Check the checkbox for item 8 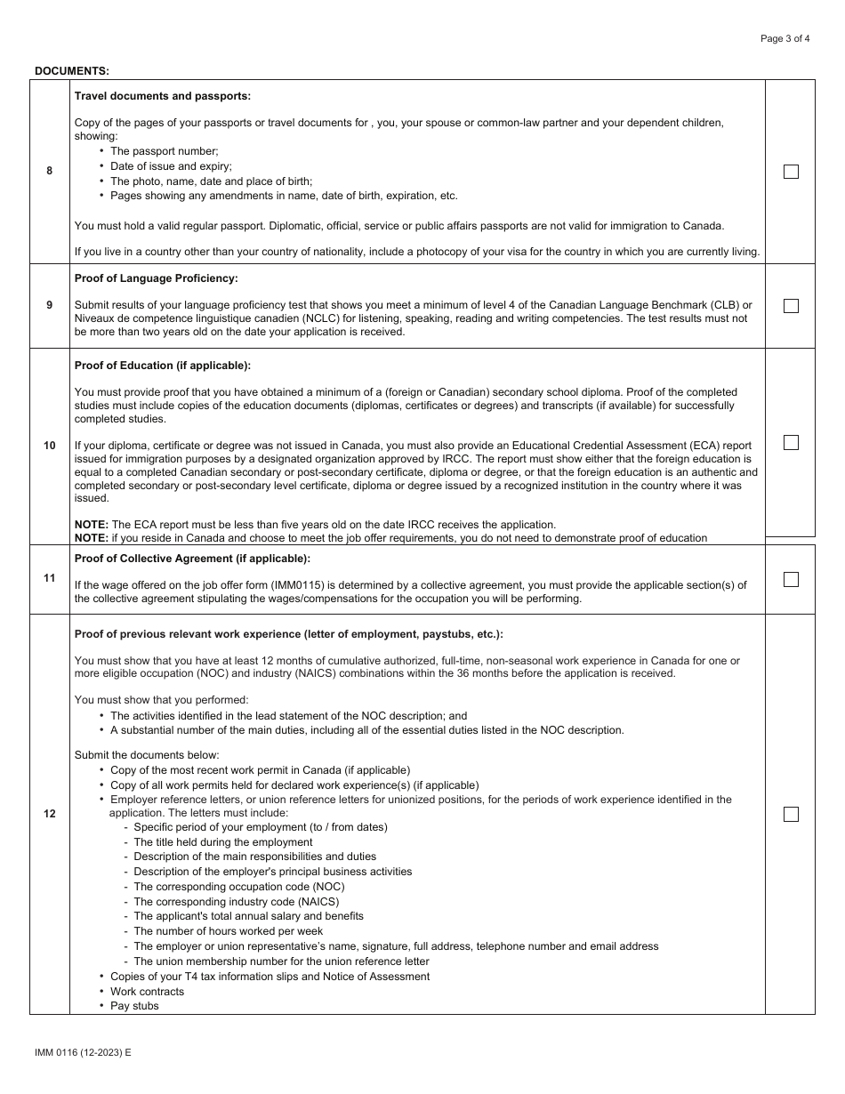[791, 172]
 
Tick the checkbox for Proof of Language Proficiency [791, 306]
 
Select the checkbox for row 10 [791, 442]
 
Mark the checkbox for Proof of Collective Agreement [791, 579]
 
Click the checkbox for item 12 [791, 814]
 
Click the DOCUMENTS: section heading [72, 70]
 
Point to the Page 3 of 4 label [785, 38]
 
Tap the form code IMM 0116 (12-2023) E [83, 1052]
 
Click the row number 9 [50, 305]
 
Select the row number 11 [50, 578]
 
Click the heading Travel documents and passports [163, 96]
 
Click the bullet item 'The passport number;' [164, 151]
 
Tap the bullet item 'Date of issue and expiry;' [171, 166]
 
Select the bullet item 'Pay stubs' [134, 1006]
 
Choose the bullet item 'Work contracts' [147, 992]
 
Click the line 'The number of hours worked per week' [228, 931]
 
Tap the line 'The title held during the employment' [222, 842]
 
